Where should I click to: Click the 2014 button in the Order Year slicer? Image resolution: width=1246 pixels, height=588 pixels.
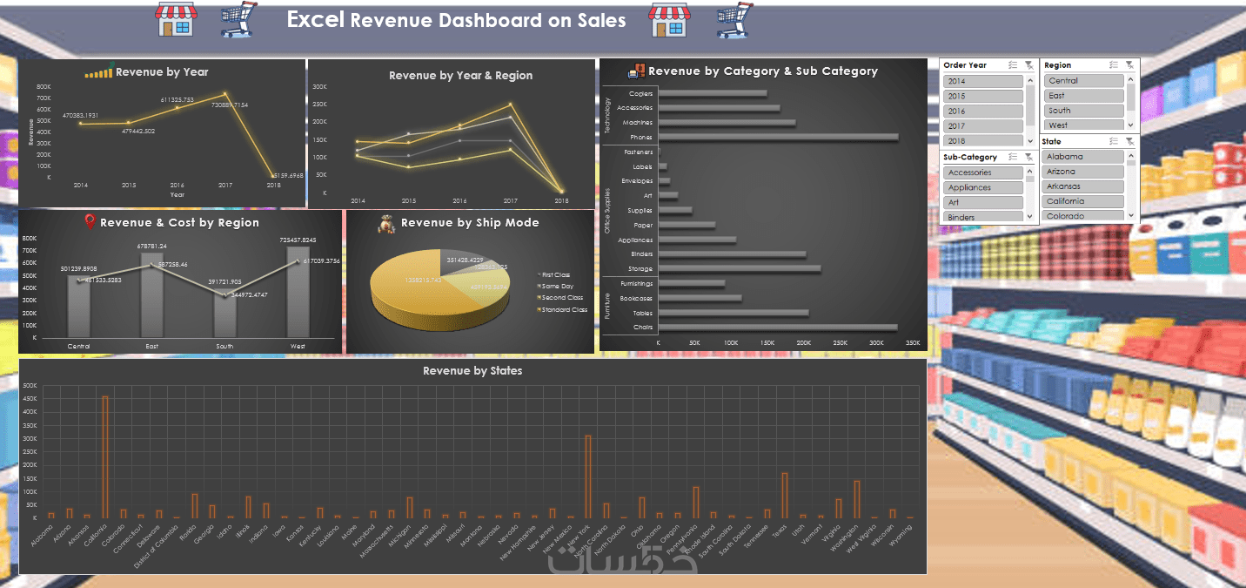tap(982, 81)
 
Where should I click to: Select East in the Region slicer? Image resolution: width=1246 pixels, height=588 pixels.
tap(1083, 96)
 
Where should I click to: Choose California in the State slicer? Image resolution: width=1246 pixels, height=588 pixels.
tap(1083, 201)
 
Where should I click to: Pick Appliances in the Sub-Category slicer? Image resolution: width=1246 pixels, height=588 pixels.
tap(982, 187)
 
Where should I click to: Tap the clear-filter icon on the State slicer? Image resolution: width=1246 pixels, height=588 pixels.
tap(1129, 141)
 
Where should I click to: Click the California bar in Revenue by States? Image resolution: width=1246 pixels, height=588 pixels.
tap(105, 457)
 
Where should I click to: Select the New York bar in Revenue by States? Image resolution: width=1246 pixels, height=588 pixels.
tap(588, 476)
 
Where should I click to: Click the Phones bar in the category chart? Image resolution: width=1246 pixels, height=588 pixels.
tap(778, 137)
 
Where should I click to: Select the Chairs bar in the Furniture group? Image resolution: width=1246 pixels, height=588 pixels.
tap(777, 328)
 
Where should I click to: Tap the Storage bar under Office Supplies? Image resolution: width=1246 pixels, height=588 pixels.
tap(739, 269)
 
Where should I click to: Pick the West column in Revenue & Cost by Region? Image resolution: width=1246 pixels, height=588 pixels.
tap(298, 293)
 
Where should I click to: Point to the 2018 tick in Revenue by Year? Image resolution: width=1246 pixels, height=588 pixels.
tap(273, 186)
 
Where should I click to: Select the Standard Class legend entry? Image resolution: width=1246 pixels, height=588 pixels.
tap(565, 310)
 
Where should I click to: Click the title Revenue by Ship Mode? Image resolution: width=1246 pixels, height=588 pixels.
tap(470, 223)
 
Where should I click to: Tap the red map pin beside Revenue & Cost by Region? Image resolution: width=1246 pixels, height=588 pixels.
tap(90, 222)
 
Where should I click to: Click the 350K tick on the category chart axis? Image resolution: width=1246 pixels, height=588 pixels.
tap(913, 343)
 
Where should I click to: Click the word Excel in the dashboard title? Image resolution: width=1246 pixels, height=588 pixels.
tap(316, 19)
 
